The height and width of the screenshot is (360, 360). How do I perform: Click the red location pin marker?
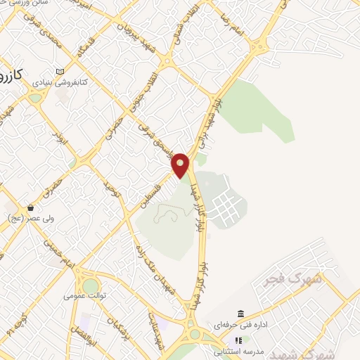click(181, 165)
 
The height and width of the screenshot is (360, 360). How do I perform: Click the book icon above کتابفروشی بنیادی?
click(60, 72)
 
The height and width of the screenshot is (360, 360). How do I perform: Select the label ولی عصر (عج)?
click(22, 219)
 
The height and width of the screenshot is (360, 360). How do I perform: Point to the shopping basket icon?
click(30, 208)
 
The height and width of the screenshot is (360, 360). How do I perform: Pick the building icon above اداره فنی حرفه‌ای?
click(241, 314)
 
